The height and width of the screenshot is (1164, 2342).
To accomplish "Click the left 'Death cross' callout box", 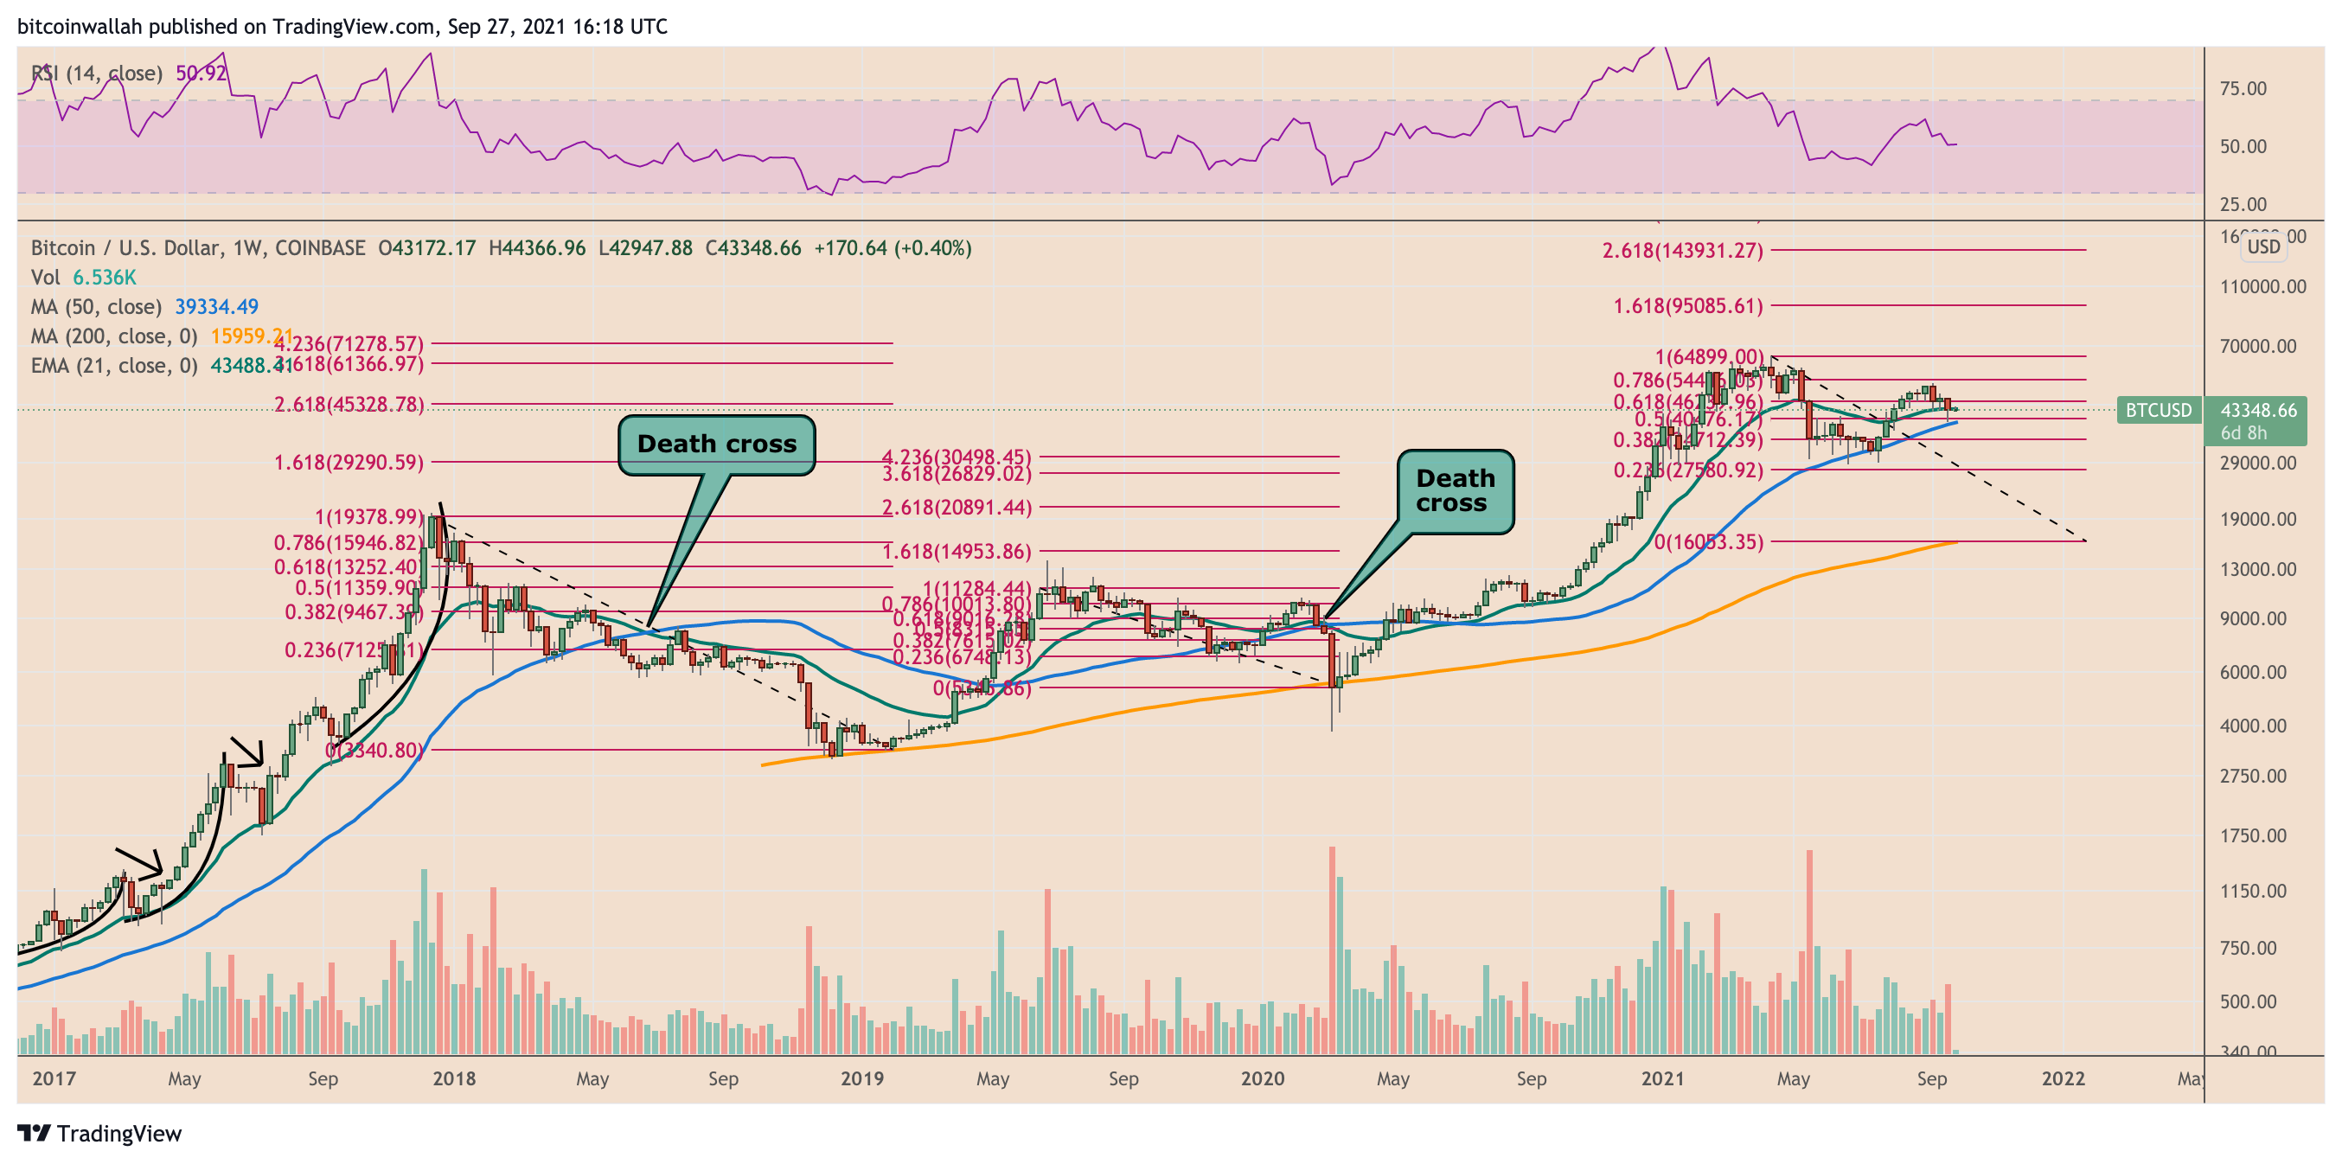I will (x=716, y=444).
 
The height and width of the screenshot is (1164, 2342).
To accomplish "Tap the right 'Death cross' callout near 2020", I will (x=1455, y=491).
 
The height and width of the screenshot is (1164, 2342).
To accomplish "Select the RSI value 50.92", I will (x=201, y=73).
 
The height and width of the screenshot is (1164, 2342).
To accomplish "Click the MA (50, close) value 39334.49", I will (x=216, y=307).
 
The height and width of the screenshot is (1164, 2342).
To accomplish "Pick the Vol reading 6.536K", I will (x=105, y=278).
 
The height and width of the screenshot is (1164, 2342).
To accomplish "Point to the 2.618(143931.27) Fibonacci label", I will (x=1682, y=250).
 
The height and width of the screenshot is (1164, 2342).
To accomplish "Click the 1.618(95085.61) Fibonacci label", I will (x=1687, y=305).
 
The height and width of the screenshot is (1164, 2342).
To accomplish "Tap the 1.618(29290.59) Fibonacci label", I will (x=349, y=463).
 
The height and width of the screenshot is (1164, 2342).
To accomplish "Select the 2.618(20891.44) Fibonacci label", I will (x=957, y=508).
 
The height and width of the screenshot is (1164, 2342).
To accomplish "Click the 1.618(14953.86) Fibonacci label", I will (x=957, y=551).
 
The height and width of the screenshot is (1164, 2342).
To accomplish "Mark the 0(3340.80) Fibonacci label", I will (x=374, y=751).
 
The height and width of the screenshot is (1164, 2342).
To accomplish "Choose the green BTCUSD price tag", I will (x=2159, y=410).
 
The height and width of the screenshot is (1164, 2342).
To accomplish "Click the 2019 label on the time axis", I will (x=862, y=1078).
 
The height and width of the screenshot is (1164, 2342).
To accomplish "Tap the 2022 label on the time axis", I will (x=2063, y=1078).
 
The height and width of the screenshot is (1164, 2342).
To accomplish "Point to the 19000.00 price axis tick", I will (x=2258, y=519).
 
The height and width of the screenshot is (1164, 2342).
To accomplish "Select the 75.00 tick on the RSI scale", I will (x=2243, y=88).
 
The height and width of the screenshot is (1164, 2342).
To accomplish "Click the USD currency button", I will (x=2263, y=246).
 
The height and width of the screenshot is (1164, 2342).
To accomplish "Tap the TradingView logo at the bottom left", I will (x=100, y=1133).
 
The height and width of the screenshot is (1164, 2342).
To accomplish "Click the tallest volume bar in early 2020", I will (x=1332, y=950).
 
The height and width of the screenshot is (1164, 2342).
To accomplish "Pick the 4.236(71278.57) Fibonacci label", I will (x=349, y=343).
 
